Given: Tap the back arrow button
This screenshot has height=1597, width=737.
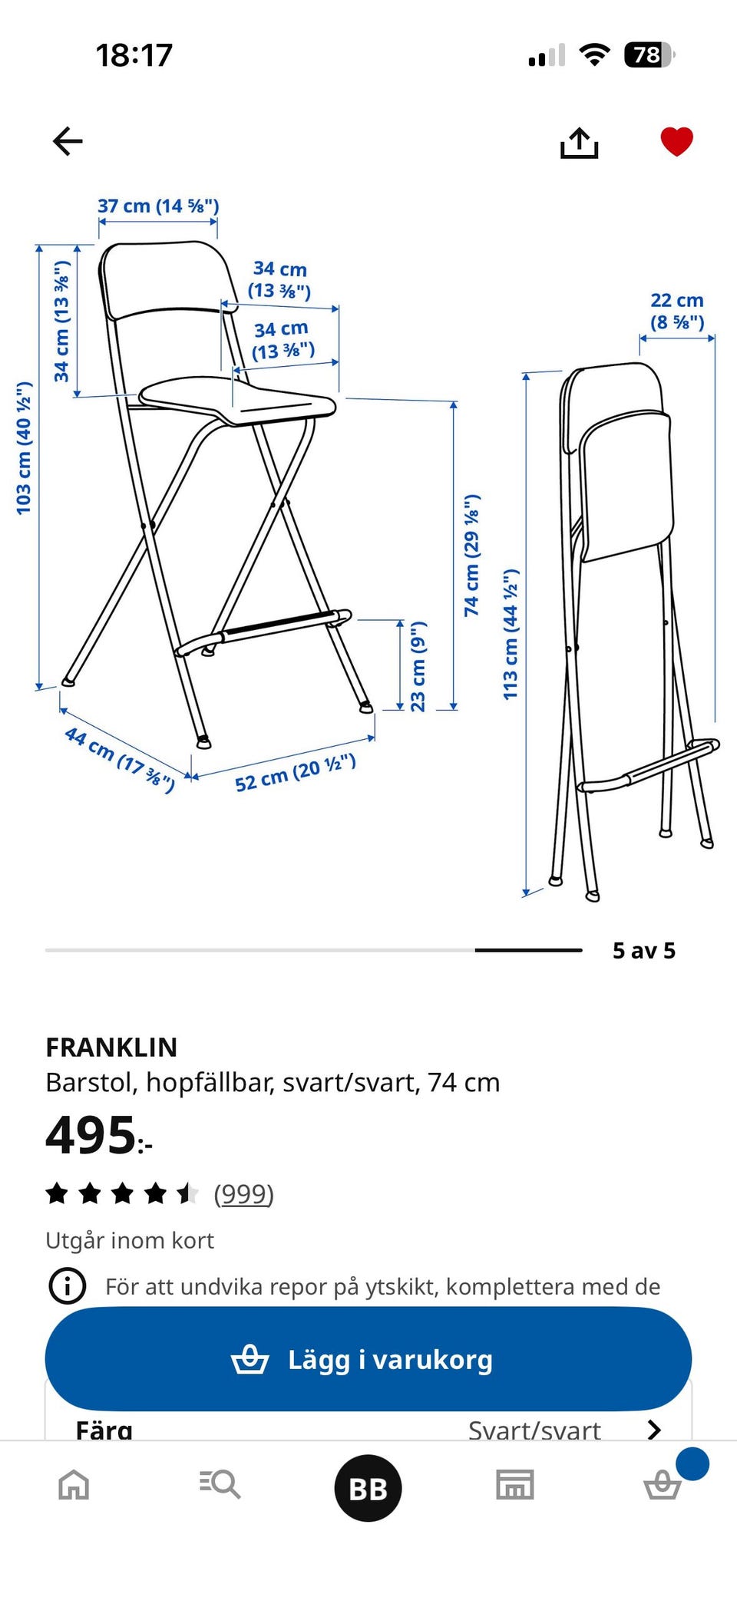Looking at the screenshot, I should [68, 141].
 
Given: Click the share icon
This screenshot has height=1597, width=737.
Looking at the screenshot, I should [579, 143].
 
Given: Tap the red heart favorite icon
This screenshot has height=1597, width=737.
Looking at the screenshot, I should [676, 142].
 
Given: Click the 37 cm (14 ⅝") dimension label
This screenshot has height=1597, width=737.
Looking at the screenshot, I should [158, 206].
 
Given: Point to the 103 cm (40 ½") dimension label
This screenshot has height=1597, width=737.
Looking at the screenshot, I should [24, 447].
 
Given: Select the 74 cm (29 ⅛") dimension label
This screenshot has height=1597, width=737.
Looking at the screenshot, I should [471, 555].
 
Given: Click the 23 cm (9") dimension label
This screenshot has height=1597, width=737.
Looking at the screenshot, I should [418, 666].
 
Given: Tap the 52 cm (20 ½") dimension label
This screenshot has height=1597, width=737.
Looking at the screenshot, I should [296, 772].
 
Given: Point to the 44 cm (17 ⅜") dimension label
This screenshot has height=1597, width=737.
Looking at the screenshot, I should [120, 758].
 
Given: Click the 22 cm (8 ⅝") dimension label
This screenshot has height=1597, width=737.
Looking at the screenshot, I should [677, 311].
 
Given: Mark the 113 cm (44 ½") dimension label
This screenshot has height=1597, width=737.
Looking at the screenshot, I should [511, 634].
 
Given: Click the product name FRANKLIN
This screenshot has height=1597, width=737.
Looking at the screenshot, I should [111, 1047].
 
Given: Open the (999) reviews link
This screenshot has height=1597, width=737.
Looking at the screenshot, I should [243, 1193].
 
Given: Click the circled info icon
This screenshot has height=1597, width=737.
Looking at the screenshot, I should [68, 1285].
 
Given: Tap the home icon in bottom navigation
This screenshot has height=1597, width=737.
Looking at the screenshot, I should [74, 1484].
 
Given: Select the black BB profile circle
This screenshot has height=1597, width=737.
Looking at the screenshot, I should [368, 1488].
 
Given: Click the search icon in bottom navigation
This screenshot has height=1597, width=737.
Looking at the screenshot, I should [220, 1484].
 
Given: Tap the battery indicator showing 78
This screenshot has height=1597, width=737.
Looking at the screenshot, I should [648, 54].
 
